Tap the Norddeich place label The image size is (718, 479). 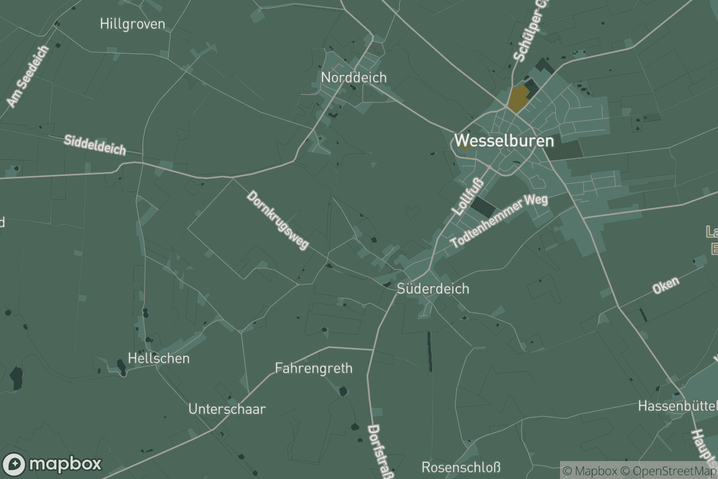pos(354,77)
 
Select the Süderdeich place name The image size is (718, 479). pos(433,289)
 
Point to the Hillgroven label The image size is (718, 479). pos(133,24)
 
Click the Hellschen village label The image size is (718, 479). pos(159,359)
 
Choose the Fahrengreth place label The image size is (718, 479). pos(314,368)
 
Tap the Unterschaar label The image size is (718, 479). pos(227,410)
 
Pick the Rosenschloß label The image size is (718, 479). pos(461,467)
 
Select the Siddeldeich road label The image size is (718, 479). pos(95,145)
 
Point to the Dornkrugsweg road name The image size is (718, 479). pos(278,220)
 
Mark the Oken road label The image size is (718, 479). pos(666,286)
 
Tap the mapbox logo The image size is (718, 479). pos(52,464)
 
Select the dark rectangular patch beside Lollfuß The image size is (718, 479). pos(483,207)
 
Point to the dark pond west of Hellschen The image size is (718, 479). pos(16,378)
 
